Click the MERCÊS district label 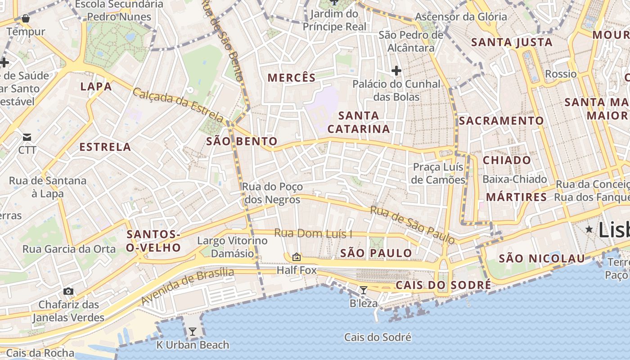[292, 77]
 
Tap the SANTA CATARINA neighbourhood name [359, 122]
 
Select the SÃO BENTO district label [242, 141]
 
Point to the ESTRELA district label [105, 147]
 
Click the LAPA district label [96, 86]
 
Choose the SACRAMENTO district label [501, 121]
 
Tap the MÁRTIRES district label [516, 197]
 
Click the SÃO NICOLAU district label [542, 258]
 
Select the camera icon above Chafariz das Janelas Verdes [68, 291]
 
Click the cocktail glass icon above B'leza [364, 290]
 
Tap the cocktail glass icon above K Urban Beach [193, 332]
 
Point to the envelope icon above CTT [27, 137]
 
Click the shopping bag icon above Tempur [26, 18]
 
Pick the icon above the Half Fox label [296, 257]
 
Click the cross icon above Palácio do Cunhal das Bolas [396, 71]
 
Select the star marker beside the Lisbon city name [589, 229]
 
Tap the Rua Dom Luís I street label [313, 234]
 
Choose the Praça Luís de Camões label [439, 173]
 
